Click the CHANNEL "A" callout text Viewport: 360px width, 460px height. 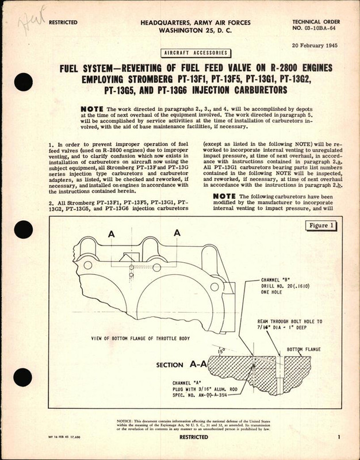pos(179,382)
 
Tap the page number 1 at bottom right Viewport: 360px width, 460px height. pos(340,439)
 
